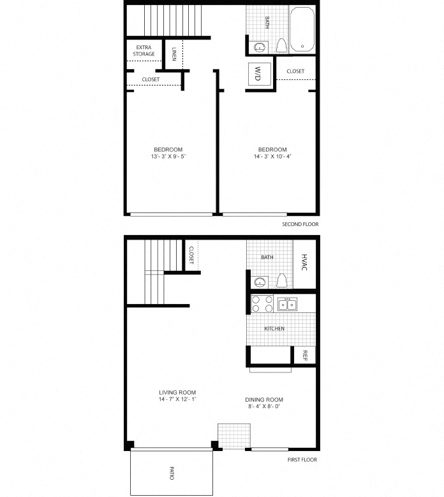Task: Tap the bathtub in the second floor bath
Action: click(x=302, y=29)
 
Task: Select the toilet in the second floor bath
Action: click(x=281, y=45)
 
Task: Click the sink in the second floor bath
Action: click(x=260, y=47)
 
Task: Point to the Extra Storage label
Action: click(x=145, y=51)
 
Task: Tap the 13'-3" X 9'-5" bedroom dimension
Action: click(x=168, y=157)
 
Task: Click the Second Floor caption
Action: click(x=300, y=225)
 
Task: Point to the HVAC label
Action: click(x=304, y=262)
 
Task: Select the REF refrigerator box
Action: click(x=305, y=355)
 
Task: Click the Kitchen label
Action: click(x=274, y=329)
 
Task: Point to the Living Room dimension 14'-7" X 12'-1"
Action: click(x=177, y=399)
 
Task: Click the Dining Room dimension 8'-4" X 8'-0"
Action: click(x=264, y=406)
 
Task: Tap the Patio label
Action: click(x=172, y=473)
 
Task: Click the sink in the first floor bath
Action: click(x=260, y=282)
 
